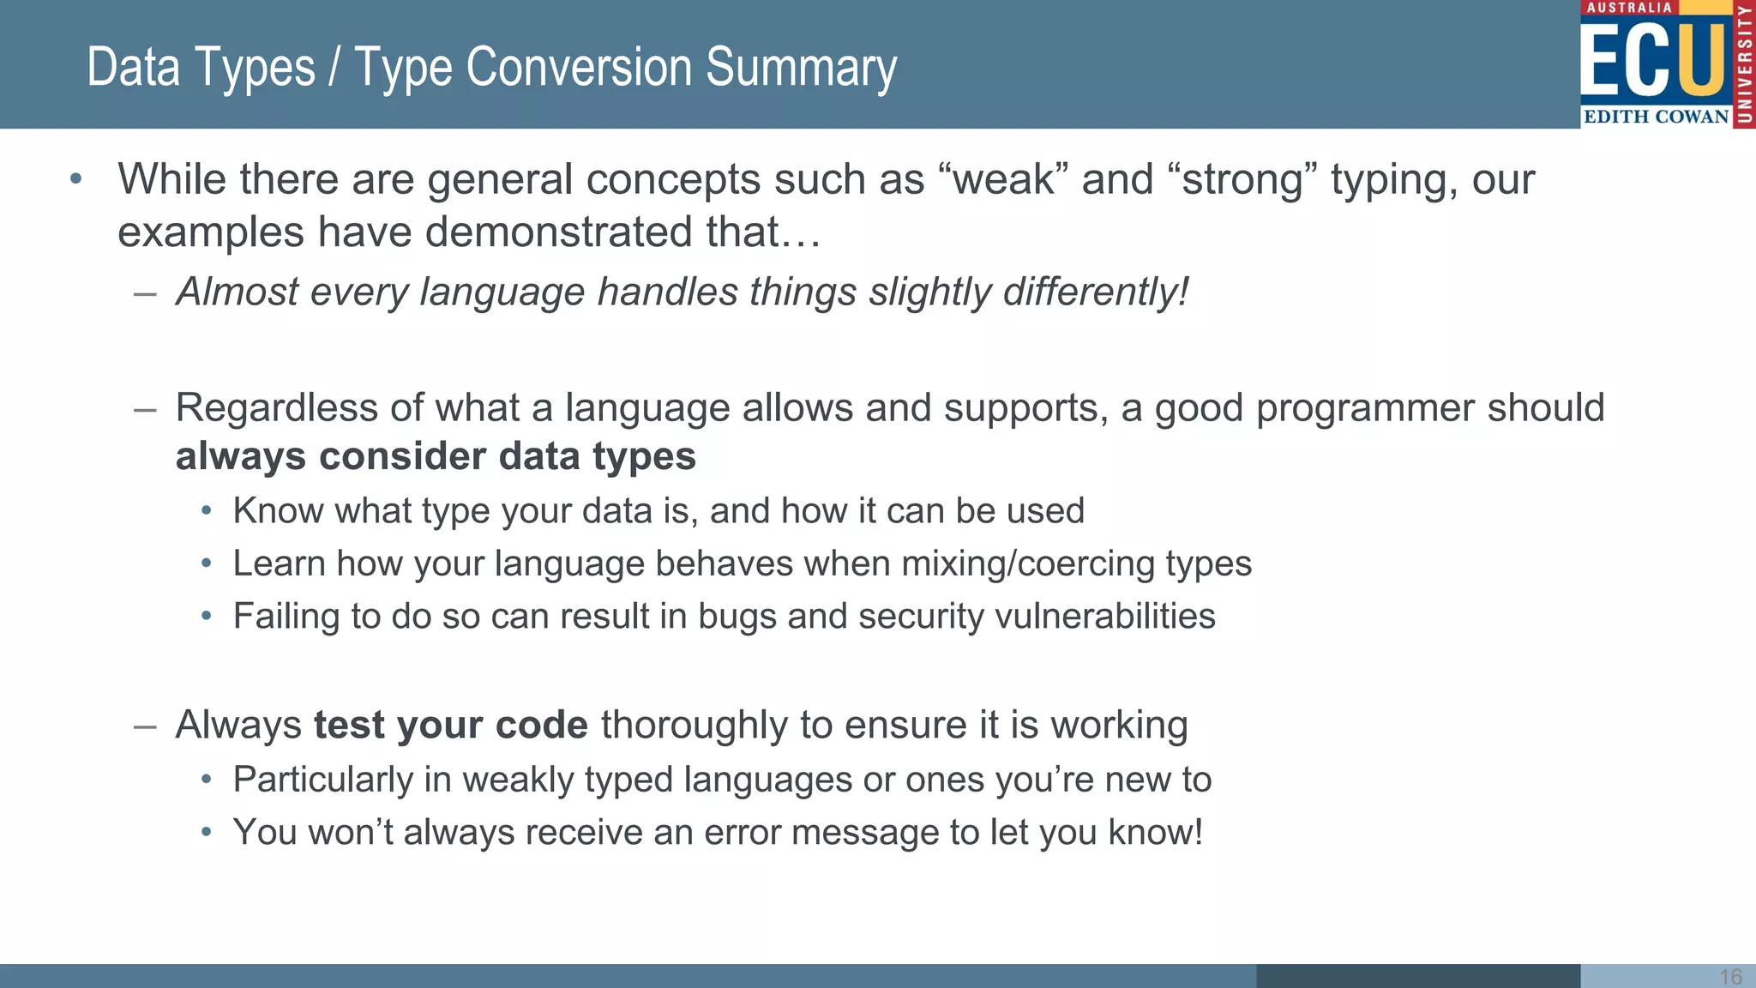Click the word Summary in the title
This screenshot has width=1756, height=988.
pos(801,69)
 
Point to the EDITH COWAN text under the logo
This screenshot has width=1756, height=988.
pos(1656,117)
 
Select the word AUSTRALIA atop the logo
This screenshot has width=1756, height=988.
pos(1629,8)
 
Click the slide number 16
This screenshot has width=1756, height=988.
pos(1730,977)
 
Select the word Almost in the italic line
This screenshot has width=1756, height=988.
pos(237,292)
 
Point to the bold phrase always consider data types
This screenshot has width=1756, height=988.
pos(436,456)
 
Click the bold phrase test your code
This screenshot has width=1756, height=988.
pos(450,726)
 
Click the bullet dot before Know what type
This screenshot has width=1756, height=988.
pos(206,512)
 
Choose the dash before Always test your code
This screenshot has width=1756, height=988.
pos(145,726)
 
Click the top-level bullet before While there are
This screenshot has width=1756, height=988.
pos(76,179)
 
